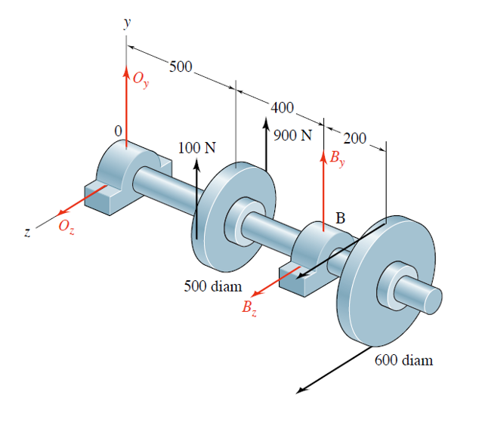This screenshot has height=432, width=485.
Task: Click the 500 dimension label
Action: point(181,67)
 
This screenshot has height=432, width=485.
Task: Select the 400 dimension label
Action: point(283,108)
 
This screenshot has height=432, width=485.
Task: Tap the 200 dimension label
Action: point(354,138)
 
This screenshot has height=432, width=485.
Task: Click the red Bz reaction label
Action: point(249,307)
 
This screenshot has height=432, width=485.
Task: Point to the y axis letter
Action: point(126,23)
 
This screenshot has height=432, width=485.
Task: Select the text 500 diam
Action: point(213,286)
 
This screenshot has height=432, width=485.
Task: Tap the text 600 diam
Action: point(404,360)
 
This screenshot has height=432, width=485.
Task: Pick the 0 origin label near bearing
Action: point(118,131)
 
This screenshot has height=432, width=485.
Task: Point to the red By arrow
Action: point(325,189)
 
